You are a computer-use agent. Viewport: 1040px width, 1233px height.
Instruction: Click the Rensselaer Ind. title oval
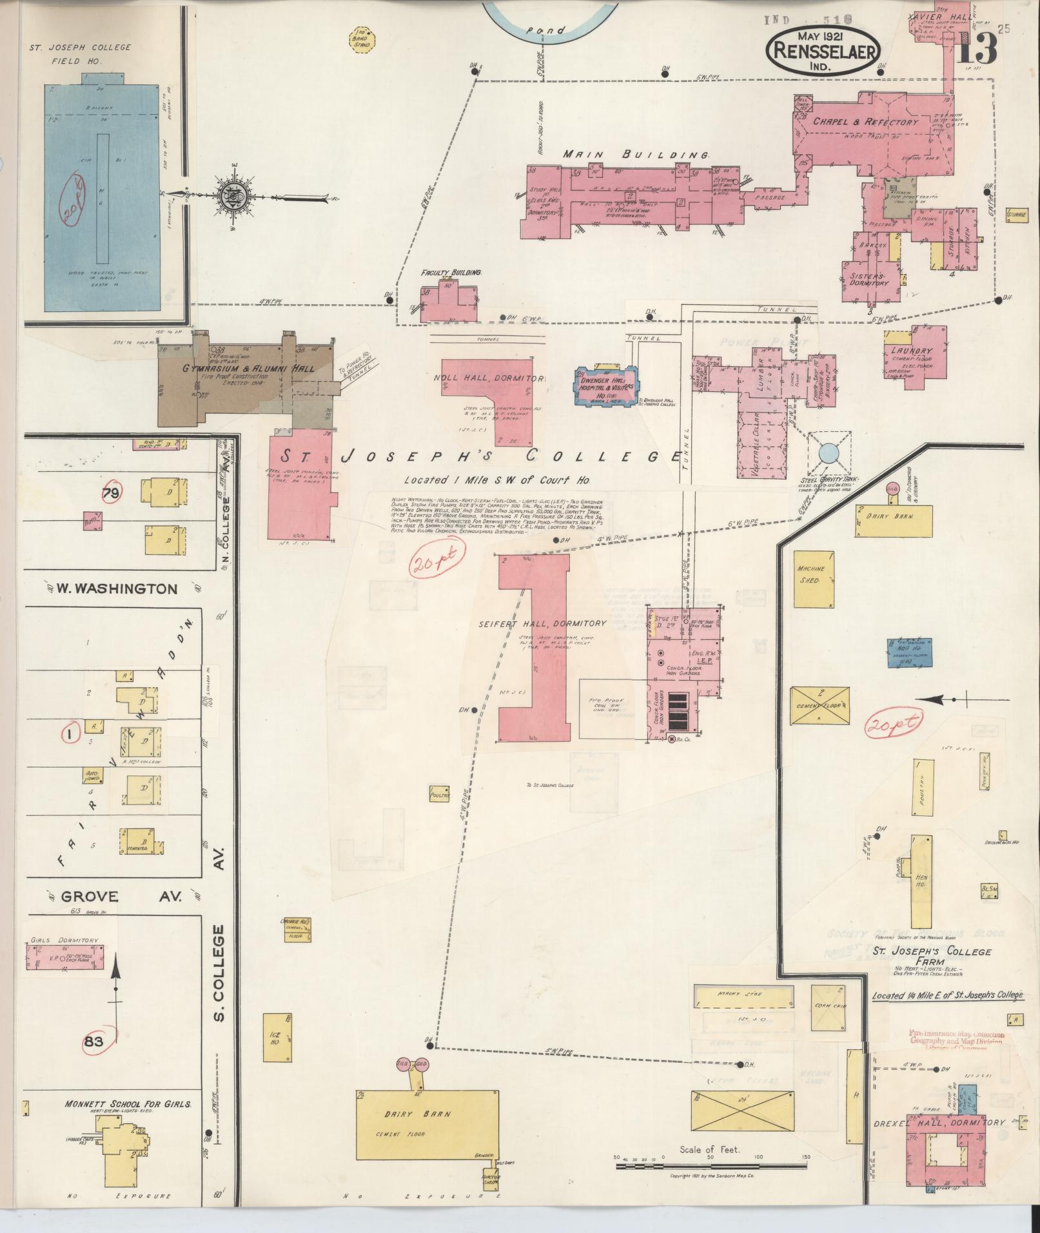(823, 52)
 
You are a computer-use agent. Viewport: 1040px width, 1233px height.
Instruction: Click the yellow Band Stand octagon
(362, 39)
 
